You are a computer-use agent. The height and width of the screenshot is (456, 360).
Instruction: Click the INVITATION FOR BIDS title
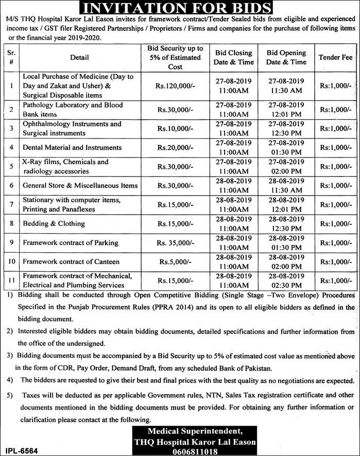[x=180, y=8]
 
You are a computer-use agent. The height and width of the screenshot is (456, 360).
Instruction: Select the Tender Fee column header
[x=335, y=57]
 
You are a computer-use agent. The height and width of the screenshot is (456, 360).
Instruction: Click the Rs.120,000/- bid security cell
[x=175, y=85]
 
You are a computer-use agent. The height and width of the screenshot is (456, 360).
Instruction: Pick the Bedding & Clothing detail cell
[x=54, y=223]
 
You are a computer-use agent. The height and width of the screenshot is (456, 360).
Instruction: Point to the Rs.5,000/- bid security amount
[x=175, y=262]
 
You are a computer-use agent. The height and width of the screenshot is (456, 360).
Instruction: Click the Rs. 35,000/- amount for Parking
[x=175, y=242]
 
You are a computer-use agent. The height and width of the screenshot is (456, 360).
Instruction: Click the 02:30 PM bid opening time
[x=286, y=285]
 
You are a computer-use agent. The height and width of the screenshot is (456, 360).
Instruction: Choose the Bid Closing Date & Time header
[x=234, y=57]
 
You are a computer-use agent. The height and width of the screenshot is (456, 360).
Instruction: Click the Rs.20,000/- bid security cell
[x=175, y=148]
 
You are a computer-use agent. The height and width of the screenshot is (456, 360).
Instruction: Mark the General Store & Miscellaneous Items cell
[x=80, y=185]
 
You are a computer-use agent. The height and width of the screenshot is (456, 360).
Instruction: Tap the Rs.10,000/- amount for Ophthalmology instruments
[x=175, y=128]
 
